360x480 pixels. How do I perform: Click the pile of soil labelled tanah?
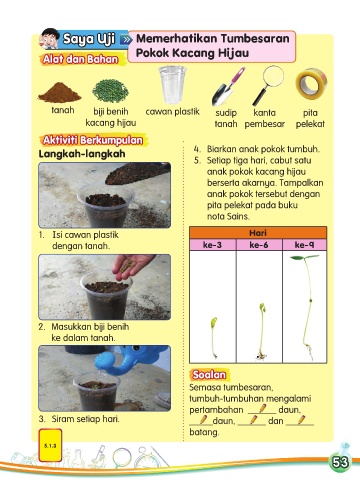[x=60, y=93]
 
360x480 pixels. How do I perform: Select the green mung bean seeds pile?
[x=110, y=91]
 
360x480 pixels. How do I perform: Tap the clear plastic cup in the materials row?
[x=172, y=85]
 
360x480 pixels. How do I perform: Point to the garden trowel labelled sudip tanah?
[x=228, y=87]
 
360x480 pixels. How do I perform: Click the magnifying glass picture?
[x=269, y=85]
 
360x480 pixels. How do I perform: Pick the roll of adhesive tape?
[x=311, y=84]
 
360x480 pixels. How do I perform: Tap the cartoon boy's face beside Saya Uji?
[x=49, y=39]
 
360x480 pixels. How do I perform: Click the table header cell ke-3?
[x=212, y=245]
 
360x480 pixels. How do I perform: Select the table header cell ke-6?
[x=259, y=245]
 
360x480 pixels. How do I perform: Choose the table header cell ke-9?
[x=304, y=245]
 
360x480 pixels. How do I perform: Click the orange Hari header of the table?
[x=258, y=233]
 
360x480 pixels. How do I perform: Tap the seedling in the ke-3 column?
[x=214, y=337]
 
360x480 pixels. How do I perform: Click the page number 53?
[x=340, y=462]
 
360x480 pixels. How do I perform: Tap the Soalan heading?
[x=209, y=375]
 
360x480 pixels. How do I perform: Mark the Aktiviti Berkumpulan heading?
[x=93, y=140]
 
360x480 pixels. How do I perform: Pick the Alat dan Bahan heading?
[x=81, y=59]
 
